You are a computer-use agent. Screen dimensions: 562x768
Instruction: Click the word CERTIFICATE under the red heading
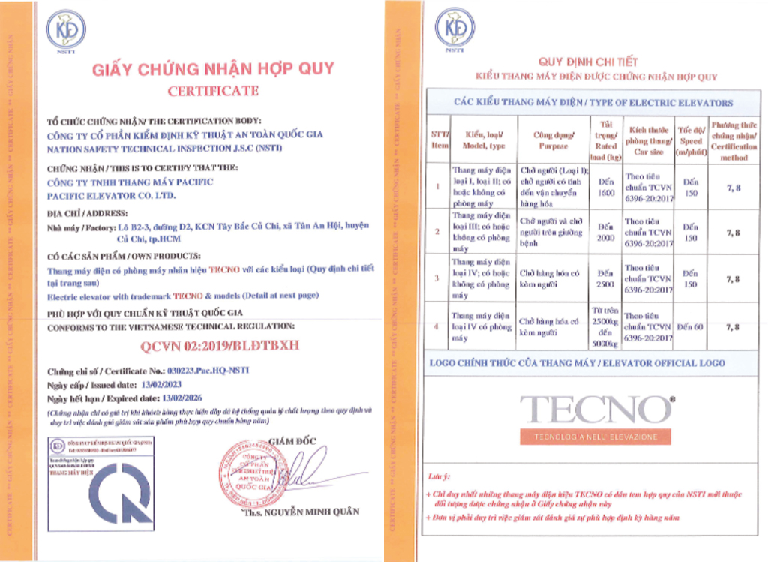pos(213,91)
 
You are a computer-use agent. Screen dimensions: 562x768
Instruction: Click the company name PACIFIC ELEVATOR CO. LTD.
pos(111,195)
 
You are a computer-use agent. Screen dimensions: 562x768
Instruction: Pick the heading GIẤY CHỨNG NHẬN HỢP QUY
pos(213,69)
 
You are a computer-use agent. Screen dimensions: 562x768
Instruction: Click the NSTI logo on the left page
pos(66,31)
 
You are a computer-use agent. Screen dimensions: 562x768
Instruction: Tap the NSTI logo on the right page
pos(455,29)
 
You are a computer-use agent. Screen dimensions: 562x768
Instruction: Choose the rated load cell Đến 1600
pos(604,187)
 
